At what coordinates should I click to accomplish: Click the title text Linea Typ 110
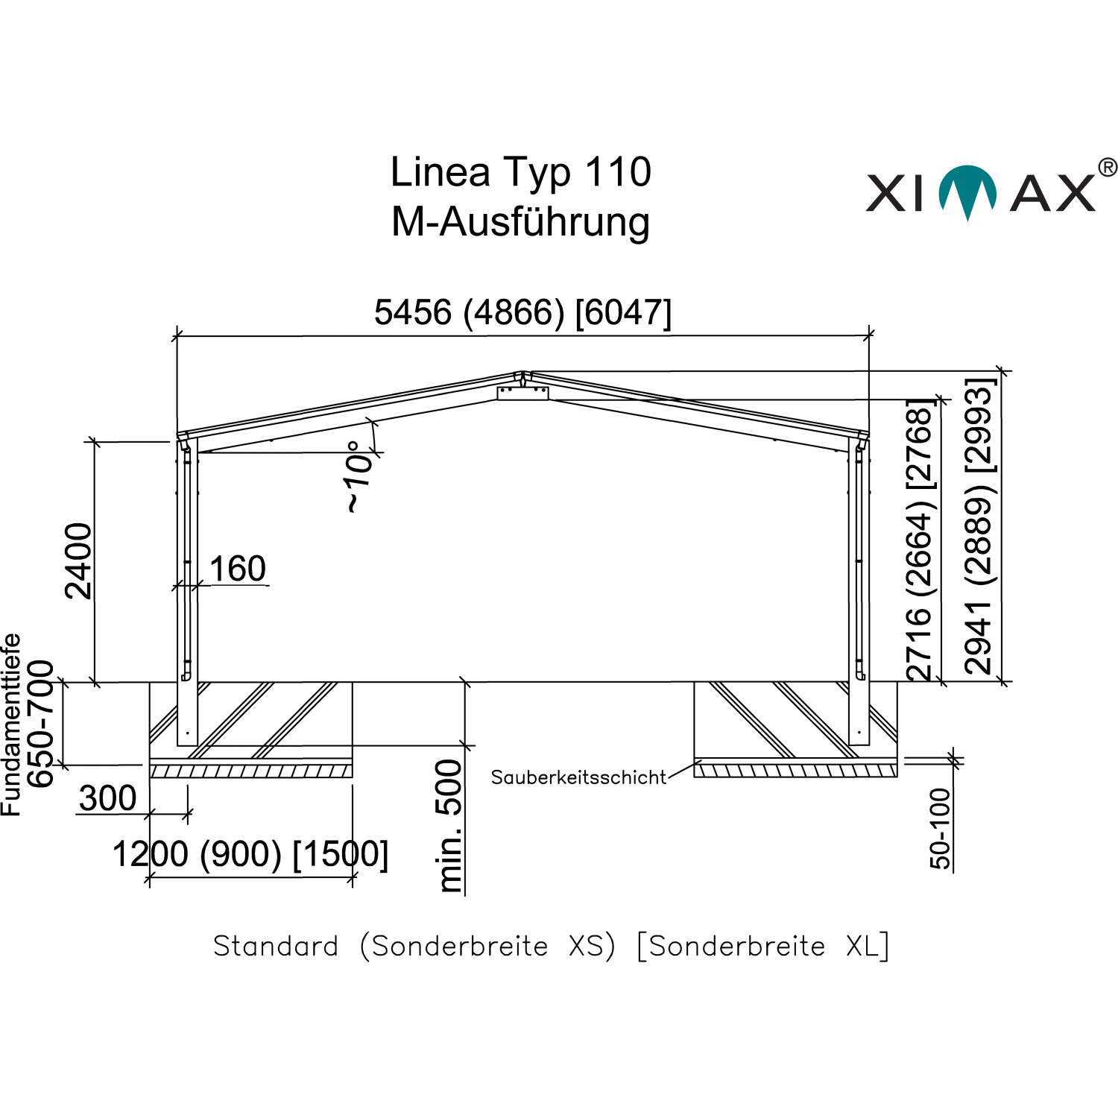[520, 172]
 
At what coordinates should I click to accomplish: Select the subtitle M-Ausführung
[520, 222]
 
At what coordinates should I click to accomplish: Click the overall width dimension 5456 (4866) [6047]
[522, 312]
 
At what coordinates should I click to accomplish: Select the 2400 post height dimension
[79, 560]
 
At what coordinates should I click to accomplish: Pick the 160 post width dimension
[237, 569]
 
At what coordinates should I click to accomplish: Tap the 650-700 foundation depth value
[41, 723]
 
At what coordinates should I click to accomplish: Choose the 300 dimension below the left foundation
[107, 798]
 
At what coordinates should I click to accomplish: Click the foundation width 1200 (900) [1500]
[250, 854]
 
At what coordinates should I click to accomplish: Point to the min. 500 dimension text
[449, 826]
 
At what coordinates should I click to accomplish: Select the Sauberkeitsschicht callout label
[578, 777]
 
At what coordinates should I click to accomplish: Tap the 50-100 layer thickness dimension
[941, 828]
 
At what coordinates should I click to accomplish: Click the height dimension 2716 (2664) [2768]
[920, 540]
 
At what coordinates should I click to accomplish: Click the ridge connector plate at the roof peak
[522, 393]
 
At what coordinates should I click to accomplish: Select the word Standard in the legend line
[276, 946]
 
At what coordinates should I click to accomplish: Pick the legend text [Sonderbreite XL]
[763, 946]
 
